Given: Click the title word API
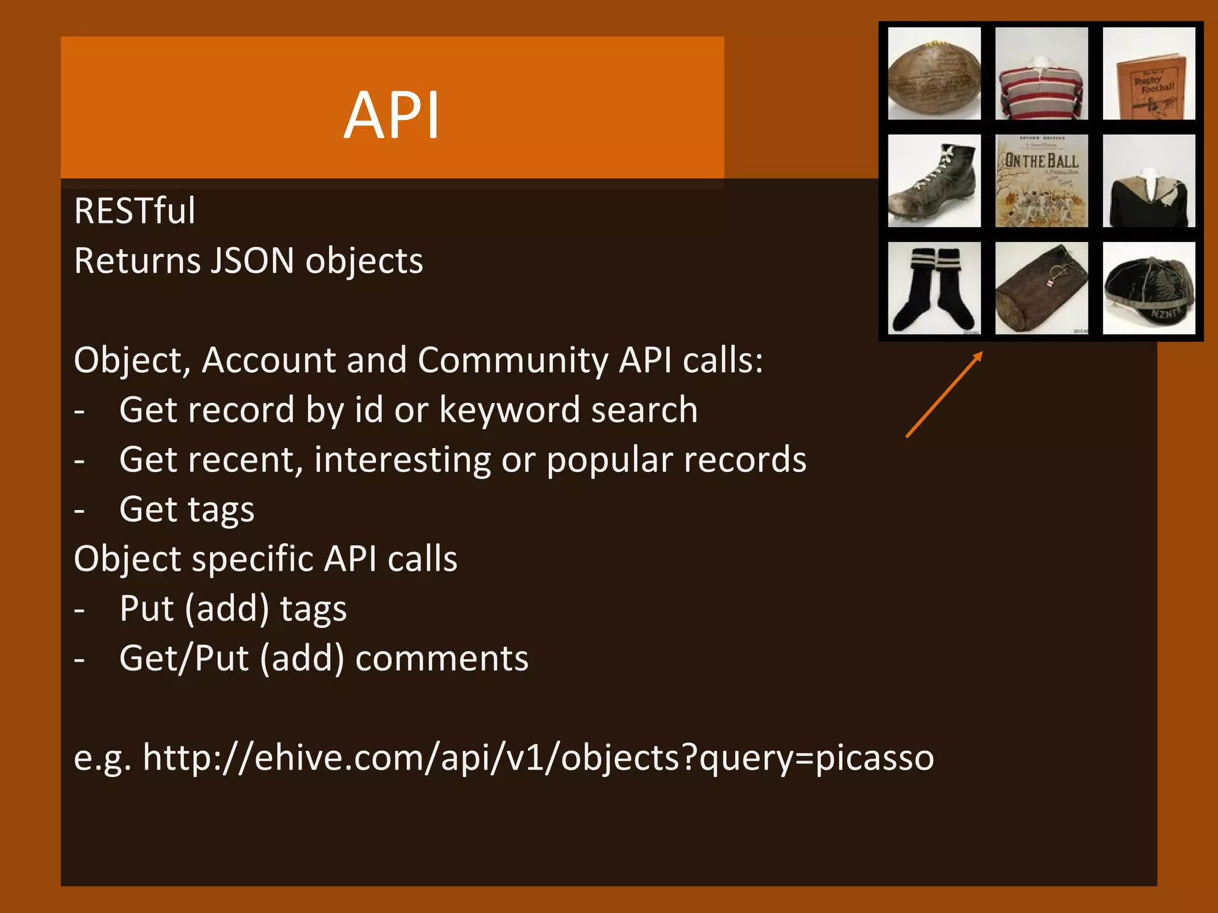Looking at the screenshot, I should tap(391, 115).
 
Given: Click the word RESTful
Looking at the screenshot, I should tap(134, 211).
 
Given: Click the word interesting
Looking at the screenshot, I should tap(402, 460).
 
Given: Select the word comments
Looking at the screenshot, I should tap(441, 659).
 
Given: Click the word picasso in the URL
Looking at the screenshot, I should tap(874, 758).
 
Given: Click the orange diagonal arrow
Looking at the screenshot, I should tap(944, 395).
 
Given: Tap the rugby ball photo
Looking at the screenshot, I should tap(934, 74).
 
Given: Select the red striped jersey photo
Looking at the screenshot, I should tap(1041, 74).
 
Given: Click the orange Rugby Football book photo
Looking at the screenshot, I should tap(1148, 74).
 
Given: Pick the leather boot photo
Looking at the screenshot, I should tap(934, 181).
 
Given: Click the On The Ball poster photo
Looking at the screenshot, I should tap(1041, 181).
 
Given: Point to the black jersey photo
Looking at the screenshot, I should tap(1148, 181).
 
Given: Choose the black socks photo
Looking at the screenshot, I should tap(934, 288).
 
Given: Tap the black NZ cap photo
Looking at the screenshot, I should tap(1148, 288).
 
